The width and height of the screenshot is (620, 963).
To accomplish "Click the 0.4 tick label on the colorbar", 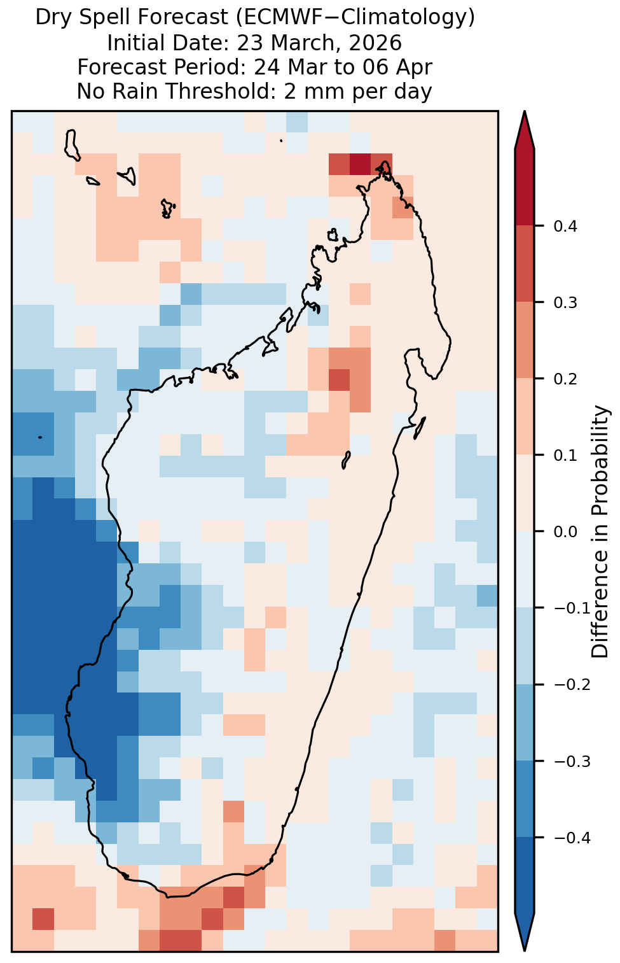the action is [565, 226].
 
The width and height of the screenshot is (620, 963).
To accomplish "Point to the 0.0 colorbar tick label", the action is [565, 532].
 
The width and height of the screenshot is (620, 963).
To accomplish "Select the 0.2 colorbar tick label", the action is [565, 379].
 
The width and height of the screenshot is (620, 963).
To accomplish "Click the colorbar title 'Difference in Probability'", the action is [600, 532].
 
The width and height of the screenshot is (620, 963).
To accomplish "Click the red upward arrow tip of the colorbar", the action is [525, 112].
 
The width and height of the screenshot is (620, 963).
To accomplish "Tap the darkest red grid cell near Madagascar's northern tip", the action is [360, 164].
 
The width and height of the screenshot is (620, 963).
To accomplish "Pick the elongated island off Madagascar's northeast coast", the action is [419, 428].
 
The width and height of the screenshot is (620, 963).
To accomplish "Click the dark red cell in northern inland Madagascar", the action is [339, 380].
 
